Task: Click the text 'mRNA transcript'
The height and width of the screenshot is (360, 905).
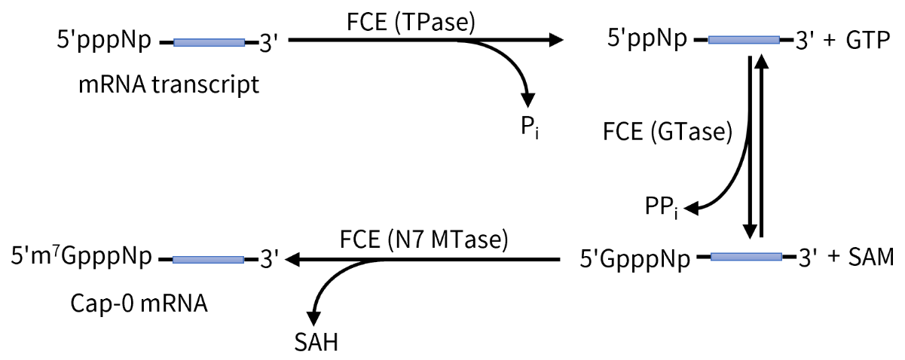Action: [x=169, y=84]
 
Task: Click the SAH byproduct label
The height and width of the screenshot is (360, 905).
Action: [x=316, y=343]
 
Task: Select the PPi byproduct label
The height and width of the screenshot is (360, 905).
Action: [x=662, y=206]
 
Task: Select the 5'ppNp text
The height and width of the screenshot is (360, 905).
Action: [x=647, y=40]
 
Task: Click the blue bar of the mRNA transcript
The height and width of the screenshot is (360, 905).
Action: [x=209, y=42]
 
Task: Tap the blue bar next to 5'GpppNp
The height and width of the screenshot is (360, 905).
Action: [x=747, y=258]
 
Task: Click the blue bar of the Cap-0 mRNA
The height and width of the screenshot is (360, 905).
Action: [x=208, y=259]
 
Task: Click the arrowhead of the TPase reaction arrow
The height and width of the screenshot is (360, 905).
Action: [x=556, y=39]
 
